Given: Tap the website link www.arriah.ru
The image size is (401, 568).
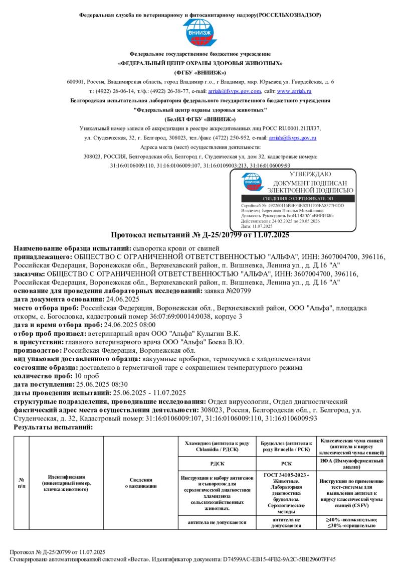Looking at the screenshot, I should [294, 91].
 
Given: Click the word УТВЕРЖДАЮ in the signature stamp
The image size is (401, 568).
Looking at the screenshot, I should [311, 174].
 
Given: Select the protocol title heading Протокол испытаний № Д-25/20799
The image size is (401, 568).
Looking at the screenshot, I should [199, 235].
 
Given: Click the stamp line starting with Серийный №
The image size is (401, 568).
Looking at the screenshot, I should [293, 206].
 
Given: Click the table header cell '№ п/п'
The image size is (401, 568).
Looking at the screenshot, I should [21, 482].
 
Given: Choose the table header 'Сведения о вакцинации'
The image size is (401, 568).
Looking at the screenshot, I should [141, 482].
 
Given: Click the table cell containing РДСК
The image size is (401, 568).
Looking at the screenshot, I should [217, 464].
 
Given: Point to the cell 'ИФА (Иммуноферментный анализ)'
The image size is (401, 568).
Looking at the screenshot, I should [351, 464].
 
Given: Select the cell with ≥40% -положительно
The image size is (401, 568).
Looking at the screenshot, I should [351, 522].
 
